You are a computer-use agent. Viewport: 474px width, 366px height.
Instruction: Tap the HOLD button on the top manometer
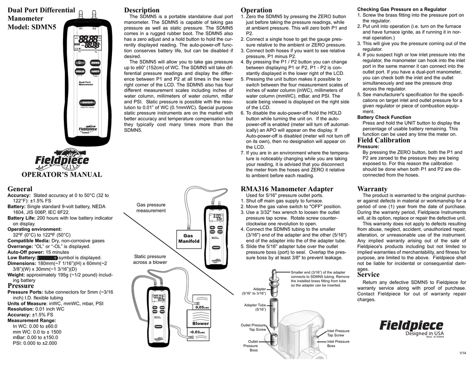tap(80, 72)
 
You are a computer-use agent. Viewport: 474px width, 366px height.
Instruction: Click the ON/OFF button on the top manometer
tap(88, 102)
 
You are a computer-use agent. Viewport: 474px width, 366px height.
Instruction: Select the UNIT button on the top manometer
tap(95, 72)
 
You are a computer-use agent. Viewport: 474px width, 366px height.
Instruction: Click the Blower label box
tap(200, 323)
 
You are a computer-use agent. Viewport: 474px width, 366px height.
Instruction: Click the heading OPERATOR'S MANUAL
tap(62, 174)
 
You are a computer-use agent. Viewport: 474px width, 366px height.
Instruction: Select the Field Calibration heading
tap(384, 140)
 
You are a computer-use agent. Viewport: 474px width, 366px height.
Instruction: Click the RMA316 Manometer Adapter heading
tap(287, 189)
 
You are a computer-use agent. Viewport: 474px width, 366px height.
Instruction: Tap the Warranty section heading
tap(372, 189)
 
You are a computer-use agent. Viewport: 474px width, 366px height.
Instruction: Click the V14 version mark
tap(462, 353)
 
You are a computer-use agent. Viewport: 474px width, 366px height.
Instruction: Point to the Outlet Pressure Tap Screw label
tap(257, 328)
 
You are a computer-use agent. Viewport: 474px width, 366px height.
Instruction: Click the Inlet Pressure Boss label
tap(338, 344)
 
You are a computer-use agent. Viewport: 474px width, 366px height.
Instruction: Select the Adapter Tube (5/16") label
tap(255, 307)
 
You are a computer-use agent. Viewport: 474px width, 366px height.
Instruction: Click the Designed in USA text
tap(424, 333)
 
